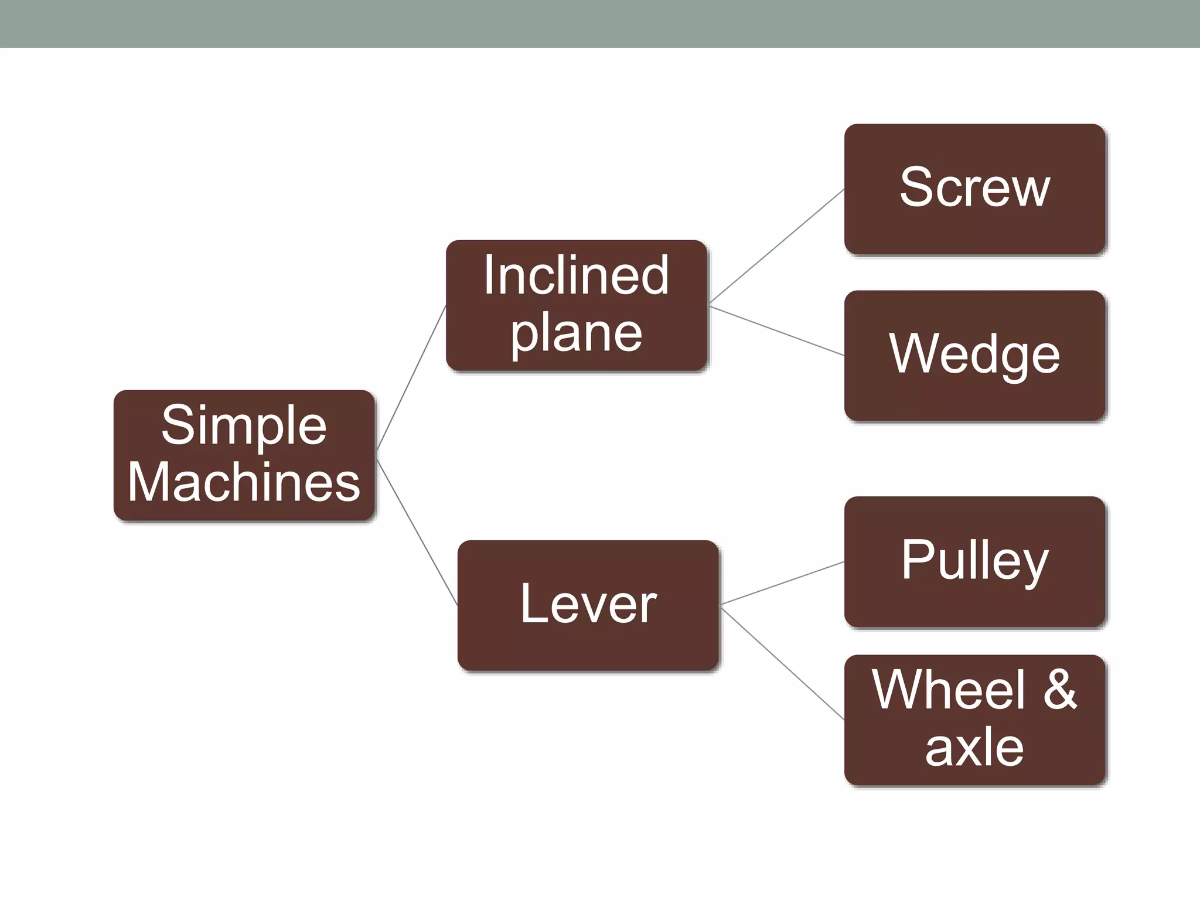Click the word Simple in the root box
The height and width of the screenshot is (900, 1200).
[x=244, y=425]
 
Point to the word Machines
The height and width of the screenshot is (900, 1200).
[x=244, y=482]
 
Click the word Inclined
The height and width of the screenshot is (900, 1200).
[x=576, y=275]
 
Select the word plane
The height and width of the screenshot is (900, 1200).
[x=577, y=334]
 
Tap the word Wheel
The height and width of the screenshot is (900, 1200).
[x=948, y=690]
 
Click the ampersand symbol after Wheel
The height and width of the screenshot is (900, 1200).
[x=1060, y=690]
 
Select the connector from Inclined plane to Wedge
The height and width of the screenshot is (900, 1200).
[x=776, y=330]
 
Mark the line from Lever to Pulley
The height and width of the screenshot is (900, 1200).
[x=782, y=583]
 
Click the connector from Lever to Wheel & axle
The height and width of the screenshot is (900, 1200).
[x=782, y=664]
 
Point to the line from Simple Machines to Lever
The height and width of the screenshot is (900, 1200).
[x=417, y=532]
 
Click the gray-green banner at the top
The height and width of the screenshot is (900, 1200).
[x=600, y=23]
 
